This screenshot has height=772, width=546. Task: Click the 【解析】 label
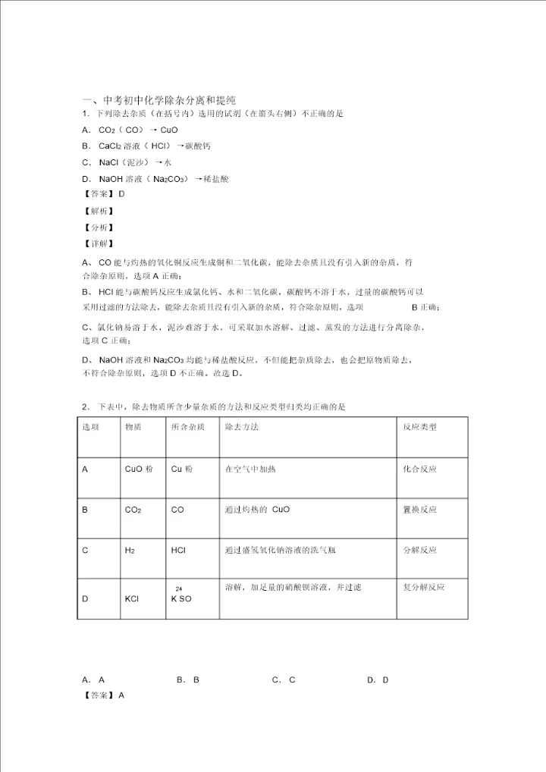pos(99,212)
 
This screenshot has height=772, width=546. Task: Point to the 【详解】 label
pos(99,243)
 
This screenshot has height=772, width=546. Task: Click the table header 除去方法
pos(242,427)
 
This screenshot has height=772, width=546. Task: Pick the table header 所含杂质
pos(187,427)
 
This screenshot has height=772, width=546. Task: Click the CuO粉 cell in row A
pos(139,469)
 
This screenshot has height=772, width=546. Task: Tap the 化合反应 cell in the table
pos(419,469)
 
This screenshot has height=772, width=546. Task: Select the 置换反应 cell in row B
pos(419,510)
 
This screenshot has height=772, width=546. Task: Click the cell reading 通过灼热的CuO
pos(257,510)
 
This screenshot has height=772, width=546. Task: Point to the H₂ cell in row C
pos(130,550)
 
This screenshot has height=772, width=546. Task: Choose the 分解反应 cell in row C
pos(419,550)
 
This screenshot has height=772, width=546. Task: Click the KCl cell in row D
pos(132,599)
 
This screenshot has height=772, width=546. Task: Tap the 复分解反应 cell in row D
pos(423,587)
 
